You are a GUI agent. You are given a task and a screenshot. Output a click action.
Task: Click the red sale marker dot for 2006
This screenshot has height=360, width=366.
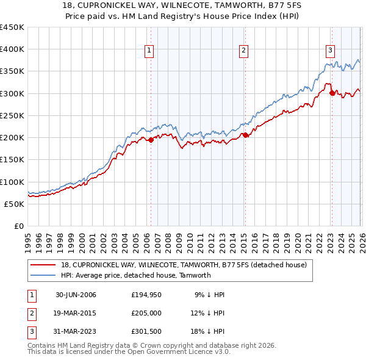click(x=151, y=140)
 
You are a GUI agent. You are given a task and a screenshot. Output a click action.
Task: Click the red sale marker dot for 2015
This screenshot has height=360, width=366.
click(x=245, y=135)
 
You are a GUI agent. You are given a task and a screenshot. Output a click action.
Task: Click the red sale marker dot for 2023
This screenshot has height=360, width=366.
click(x=332, y=93)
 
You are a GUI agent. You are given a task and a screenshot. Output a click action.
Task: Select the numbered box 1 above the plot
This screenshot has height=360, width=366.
click(x=149, y=51)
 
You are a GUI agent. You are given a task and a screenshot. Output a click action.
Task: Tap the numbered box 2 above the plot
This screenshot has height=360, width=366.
click(x=243, y=51)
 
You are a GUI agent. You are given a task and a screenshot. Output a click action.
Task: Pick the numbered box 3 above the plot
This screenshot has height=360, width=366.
click(x=330, y=51)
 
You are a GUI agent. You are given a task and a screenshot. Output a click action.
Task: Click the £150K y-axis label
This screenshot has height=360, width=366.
click(x=12, y=160)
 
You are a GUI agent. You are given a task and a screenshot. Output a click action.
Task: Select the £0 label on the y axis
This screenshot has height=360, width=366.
click(x=18, y=226)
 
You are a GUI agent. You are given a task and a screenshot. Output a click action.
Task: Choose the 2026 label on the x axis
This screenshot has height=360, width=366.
click(x=361, y=239)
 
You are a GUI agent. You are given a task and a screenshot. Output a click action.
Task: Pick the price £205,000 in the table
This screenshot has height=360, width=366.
click(x=146, y=314)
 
